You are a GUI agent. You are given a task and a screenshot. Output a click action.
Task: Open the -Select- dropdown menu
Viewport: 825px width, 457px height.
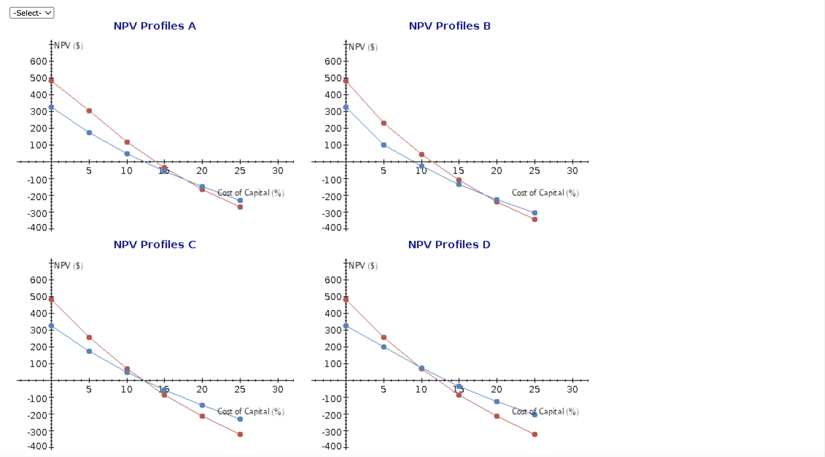pyautogui.click(x=32, y=13)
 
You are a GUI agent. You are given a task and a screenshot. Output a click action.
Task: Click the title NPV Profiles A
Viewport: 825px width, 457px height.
pyautogui.click(x=155, y=26)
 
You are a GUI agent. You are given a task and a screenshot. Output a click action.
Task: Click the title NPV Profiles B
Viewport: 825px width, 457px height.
pyautogui.click(x=449, y=26)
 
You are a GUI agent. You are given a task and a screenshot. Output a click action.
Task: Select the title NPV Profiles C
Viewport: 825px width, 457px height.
pyautogui.click(x=155, y=245)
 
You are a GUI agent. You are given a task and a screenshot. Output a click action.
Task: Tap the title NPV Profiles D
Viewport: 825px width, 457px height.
pyautogui.click(x=449, y=245)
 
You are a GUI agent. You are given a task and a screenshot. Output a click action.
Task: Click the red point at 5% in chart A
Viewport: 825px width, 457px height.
pyautogui.click(x=89, y=111)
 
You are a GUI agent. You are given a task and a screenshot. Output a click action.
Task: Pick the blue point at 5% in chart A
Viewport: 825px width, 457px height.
pyautogui.click(x=89, y=133)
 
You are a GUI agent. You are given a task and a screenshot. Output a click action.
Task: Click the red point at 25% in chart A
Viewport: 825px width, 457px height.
pyautogui.click(x=240, y=207)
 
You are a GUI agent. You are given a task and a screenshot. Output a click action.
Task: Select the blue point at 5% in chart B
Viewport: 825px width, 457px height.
pyautogui.click(x=384, y=145)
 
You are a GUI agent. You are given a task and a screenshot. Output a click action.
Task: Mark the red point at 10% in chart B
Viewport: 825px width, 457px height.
pyautogui.click(x=422, y=155)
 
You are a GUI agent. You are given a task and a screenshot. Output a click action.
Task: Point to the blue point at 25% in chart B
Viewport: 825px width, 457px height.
pyautogui.click(x=534, y=213)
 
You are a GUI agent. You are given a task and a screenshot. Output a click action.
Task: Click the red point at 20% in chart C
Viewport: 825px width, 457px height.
pyautogui.click(x=202, y=416)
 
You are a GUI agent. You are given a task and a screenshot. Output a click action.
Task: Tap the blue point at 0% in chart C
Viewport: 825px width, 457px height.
pyautogui.click(x=51, y=326)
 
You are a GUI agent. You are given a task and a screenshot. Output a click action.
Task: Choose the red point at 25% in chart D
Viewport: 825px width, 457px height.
pyautogui.click(x=534, y=434)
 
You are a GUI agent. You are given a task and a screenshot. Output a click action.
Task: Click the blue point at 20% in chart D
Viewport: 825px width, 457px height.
pyautogui.click(x=497, y=402)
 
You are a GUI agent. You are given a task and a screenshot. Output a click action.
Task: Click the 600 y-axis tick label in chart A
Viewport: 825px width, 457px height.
pyautogui.click(x=38, y=61)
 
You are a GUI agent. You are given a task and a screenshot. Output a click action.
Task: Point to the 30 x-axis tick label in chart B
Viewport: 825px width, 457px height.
pyautogui.click(x=572, y=171)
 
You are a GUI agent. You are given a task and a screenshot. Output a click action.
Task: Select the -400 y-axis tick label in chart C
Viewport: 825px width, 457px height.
pyautogui.click(x=37, y=446)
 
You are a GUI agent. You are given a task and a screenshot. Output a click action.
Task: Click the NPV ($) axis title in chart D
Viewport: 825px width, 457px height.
pyautogui.click(x=363, y=266)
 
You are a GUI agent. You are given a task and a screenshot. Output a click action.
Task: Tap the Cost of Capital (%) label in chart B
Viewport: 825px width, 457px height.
pyautogui.click(x=545, y=193)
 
